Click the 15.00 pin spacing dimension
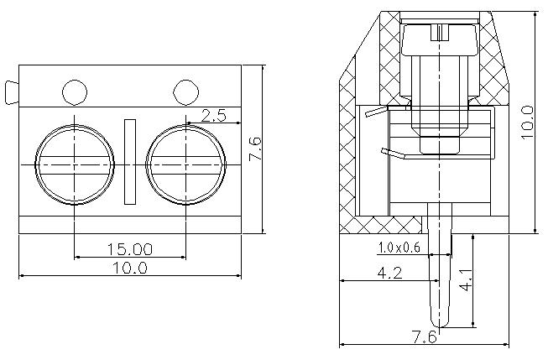pos(130,249)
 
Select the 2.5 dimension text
pos(214,115)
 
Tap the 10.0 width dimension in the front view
pos(130,269)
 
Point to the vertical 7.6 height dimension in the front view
pos(255,149)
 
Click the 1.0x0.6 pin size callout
pos(399,248)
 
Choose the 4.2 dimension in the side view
pos(389,273)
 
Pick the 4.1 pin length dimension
pos(466,280)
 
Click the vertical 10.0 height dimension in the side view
pos(527,123)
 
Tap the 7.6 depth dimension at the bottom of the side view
pos(425,337)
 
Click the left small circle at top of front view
pos(75,92)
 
